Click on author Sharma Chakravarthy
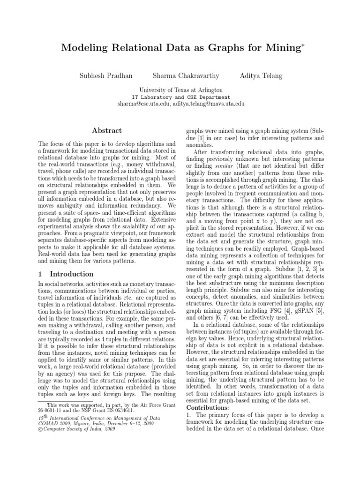point(186,75)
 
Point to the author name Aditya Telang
point(262,75)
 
